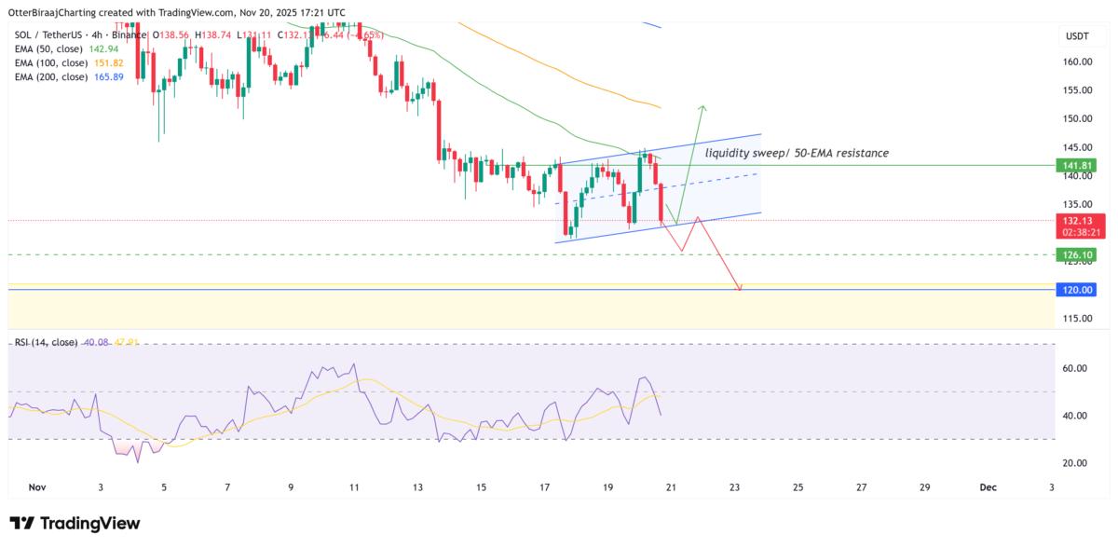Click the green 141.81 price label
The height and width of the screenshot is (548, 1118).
coord(1078,165)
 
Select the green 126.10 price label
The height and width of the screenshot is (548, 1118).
coord(1078,254)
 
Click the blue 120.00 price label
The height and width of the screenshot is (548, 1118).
coord(1078,290)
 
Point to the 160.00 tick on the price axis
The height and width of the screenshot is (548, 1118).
coord(1078,62)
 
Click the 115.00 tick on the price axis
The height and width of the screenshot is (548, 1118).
coord(1078,319)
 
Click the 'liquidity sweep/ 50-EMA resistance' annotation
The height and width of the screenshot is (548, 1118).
coord(797,152)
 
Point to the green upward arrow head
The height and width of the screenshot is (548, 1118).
coord(702,107)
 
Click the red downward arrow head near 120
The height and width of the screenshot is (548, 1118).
coord(740,288)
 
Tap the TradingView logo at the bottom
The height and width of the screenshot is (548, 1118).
coord(75,524)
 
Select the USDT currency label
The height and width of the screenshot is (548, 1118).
coord(1078,36)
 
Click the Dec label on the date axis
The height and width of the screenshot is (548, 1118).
coord(988,487)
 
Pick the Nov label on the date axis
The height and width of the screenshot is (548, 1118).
coord(37,487)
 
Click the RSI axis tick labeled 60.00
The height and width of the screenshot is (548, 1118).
coord(1078,368)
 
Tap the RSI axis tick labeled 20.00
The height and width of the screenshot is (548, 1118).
coord(1078,463)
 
